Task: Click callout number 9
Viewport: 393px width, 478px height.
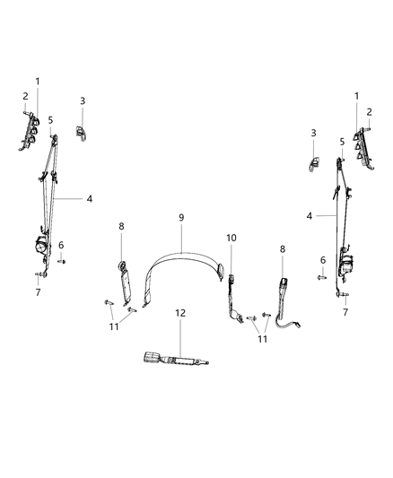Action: [x=180, y=217]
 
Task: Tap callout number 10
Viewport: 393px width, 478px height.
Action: [x=231, y=239]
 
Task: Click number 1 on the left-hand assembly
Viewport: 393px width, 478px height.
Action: [x=38, y=81]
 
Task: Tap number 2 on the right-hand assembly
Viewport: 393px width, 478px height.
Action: [x=368, y=112]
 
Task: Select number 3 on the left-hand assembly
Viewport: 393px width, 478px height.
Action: [x=83, y=100]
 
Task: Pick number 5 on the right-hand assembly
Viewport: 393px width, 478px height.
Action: [x=342, y=142]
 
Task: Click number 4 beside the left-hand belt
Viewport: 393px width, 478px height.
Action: [x=89, y=199]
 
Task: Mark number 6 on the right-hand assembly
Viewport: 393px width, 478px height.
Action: [x=323, y=259]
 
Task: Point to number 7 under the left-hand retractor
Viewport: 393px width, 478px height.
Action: [x=38, y=292]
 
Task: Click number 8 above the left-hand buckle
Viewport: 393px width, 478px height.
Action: [x=122, y=226]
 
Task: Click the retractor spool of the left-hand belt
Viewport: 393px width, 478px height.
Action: [x=40, y=246]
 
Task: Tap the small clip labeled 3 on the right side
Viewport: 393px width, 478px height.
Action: [x=316, y=162]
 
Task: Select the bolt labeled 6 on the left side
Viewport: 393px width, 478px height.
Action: [x=62, y=261]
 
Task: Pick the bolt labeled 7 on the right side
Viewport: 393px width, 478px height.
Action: [x=343, y=295]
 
